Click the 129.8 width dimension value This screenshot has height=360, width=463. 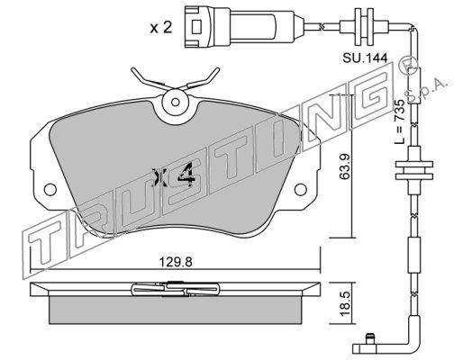tap(176, 262)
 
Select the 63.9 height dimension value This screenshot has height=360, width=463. tap(344, 166)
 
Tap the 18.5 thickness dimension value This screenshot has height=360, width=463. tap(345, 303)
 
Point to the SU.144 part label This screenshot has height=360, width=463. tap(365, 58)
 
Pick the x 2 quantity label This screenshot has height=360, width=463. tap(161, 28)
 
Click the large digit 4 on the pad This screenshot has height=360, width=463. tap(186, 175)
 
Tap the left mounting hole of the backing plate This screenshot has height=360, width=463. tap(50, 190)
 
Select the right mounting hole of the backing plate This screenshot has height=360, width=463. tap(300, 190)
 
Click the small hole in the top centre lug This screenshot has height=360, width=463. tap(176, 102)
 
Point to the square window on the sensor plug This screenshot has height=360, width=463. tap(195, 27)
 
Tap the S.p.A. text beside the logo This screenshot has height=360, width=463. tap(426, 89)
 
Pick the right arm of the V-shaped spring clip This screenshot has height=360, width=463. tap(201, 79)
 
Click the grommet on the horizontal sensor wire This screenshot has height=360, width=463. tap(364, 27)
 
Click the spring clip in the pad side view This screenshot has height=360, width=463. tap(176, 289)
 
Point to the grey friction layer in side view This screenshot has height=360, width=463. tap(175, 310)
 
